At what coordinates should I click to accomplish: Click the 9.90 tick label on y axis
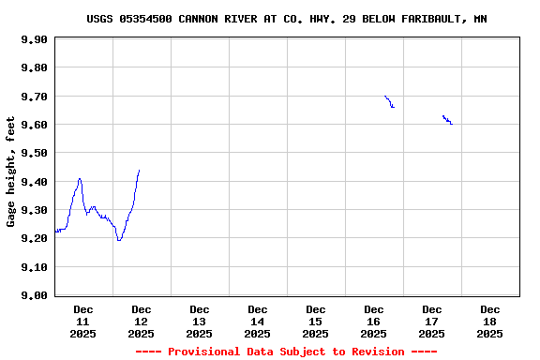pyautogui.click(x=35, y=39)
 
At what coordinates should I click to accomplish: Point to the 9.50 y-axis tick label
pyautogui.click(x=35, y=153)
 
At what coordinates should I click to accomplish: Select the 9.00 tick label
pyautogui.click(x=35, y=295)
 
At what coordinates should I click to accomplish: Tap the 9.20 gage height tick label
pyautogui.click(x=35, y=238)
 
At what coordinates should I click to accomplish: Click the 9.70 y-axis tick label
pyautogui.click(x=35, y=97)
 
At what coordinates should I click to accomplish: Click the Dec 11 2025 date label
pyautogui.click(x=82, y=321)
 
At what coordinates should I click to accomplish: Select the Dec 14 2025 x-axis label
pyautogui.click(x=257, y=321)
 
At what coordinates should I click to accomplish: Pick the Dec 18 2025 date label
pyautogui.click(x=489, y=321)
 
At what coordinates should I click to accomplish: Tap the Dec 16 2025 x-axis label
pyautogui.click(x=373, y=321)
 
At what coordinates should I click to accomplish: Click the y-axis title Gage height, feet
pyautogui.click(x=11, y=172)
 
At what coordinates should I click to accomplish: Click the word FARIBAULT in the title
pyautogui.click(x=426, y=19)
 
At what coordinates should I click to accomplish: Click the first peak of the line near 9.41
pyautogui.click(x=80, y=178)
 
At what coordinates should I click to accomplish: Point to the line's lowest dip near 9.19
pyautogui.click(x=119, y=240)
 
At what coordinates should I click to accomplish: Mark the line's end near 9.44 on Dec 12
pyautogui.click(x=139, y=171)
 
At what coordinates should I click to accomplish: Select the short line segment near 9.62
pyautogui.click(x=447, y=119)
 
